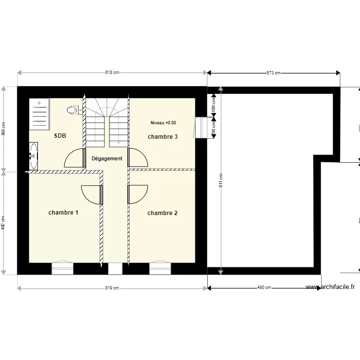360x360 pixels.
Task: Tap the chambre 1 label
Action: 63,212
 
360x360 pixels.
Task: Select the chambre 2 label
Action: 162,213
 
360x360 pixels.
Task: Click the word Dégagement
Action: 107,158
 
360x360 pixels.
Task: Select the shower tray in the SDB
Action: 39,114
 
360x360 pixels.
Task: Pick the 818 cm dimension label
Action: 112,73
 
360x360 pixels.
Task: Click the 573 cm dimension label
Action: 274,73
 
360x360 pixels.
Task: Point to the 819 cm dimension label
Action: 112,288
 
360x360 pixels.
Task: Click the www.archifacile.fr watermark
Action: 330,287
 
